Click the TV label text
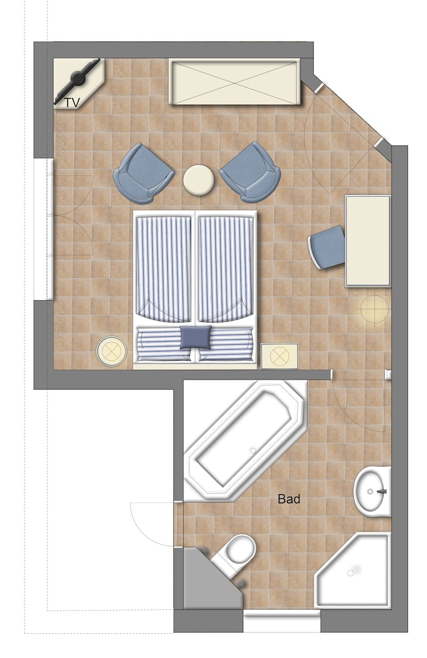tap(72, 103)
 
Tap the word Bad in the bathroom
tap(289, 499)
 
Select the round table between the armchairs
tap(199, 180)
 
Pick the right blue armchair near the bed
tap(250, 172)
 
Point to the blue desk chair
tap(327, 247)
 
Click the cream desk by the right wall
tap(368, 241)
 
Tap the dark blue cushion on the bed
tap(196, 338)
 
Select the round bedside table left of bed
tap(111, 351)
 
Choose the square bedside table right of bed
tap(279, 356)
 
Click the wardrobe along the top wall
tap(235, 82)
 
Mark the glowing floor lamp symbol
tap(374, 309)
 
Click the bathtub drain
tap(253, 451)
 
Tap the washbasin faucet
tap(382, 491)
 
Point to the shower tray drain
tap(351, 573)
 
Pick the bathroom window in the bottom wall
tap(281, 621)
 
